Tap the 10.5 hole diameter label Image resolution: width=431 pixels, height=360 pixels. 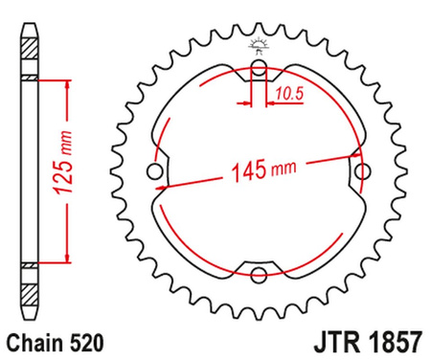pos(286,92)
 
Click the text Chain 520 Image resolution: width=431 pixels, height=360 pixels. pos(54,339)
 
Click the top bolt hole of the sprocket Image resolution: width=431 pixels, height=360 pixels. pos(259,68)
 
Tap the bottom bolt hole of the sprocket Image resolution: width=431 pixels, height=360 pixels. pos(259,276)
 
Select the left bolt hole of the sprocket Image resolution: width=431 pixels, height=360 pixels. pos(155,172)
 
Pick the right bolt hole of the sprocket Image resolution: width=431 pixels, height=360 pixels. pos(362,172)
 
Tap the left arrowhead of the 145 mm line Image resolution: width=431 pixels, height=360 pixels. pos(165,184)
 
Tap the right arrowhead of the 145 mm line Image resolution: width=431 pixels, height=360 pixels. pos(352,163)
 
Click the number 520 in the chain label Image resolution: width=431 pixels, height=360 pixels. pos(80,339)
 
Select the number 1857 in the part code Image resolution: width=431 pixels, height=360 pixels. pos(388,339)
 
